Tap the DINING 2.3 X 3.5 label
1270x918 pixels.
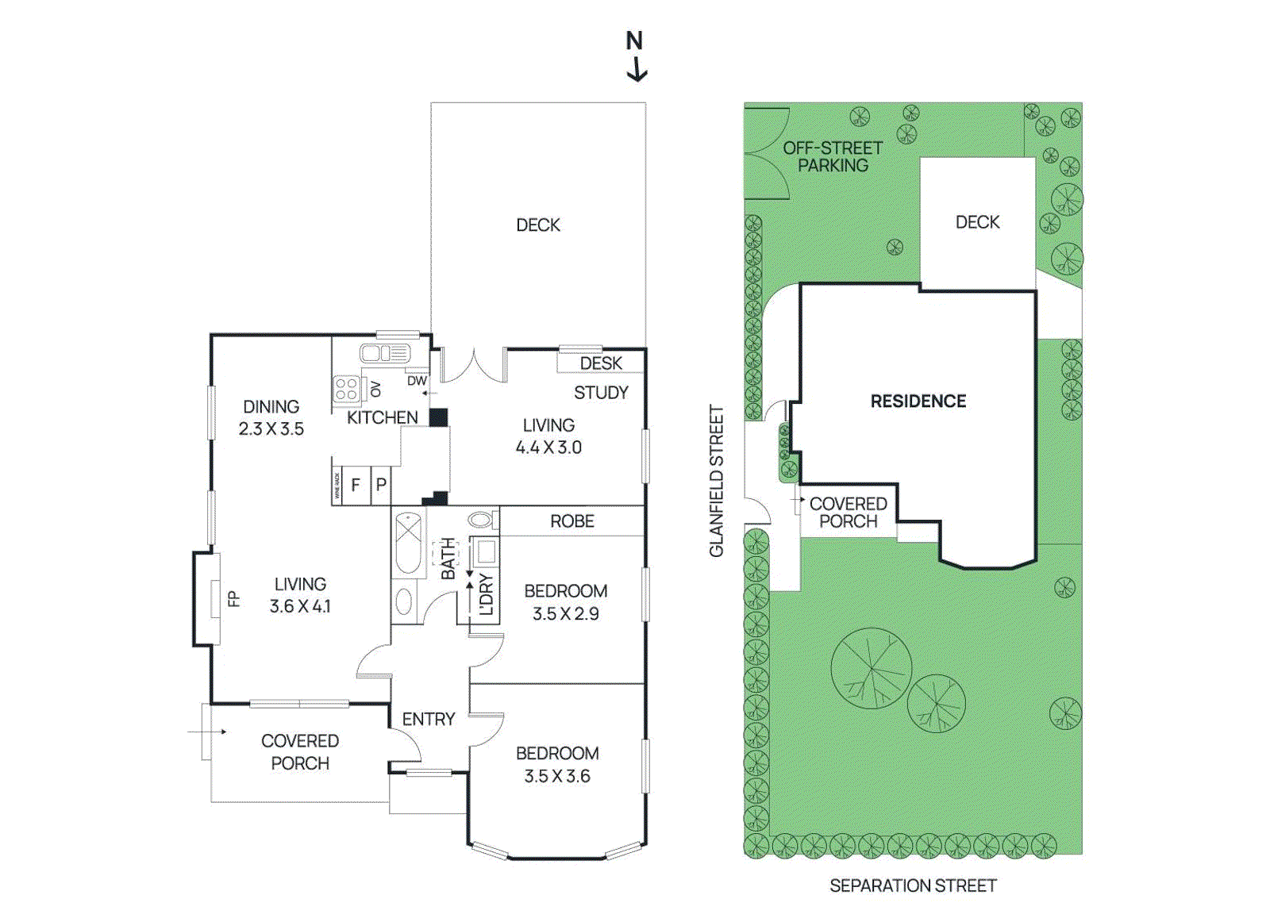[x=271, y=417]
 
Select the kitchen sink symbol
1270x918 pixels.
[x=384, y=352]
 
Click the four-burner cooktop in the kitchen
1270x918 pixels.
[x=346, y=389]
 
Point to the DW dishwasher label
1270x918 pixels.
[x=417, y=381]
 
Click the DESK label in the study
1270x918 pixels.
[x=601, y=363]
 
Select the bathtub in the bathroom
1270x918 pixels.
[x=408, y=543]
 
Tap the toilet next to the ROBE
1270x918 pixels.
[x=481, y=520]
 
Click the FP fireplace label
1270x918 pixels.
[x=233, y=599]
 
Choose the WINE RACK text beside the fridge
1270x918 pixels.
[x=337, y=486]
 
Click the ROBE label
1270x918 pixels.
[x=572, y=521]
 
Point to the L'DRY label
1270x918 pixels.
[x=487, y=594]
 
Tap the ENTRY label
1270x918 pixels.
[x=429, y=719]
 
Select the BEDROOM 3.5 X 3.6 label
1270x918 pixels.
[x=557, y=764]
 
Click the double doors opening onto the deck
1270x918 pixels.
[x=473, y=365]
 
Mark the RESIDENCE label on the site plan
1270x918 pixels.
[x=918, y=401]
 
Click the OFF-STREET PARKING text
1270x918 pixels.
[x=833, y=157]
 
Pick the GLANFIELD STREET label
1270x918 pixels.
[x=717, y=482]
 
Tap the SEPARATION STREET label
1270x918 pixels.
[x=913, y=885]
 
